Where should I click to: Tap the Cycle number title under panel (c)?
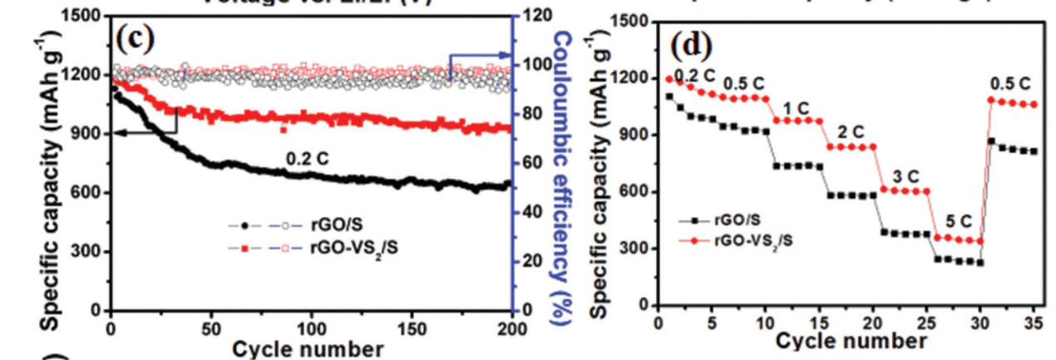pyautogui.click(x=308, y=347)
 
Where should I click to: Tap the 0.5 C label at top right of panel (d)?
pyautogui.click(x=1009, y=83)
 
